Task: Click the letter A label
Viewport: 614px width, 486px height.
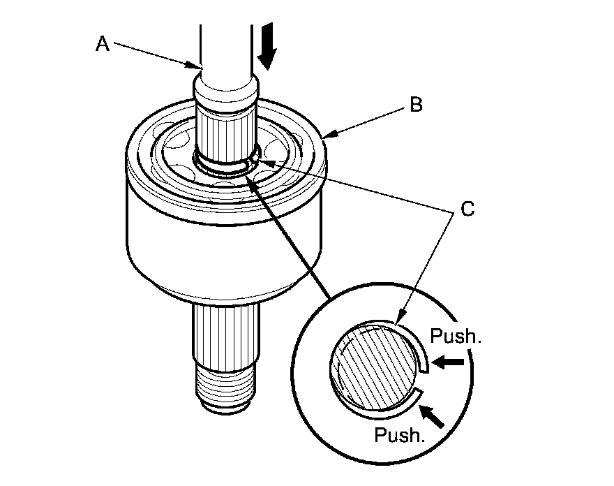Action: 102,44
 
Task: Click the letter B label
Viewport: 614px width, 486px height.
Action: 416,105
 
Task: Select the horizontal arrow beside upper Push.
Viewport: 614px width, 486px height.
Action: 447,362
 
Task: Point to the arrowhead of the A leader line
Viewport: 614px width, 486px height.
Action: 196,67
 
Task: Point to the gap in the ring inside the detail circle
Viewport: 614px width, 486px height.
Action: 421,381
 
